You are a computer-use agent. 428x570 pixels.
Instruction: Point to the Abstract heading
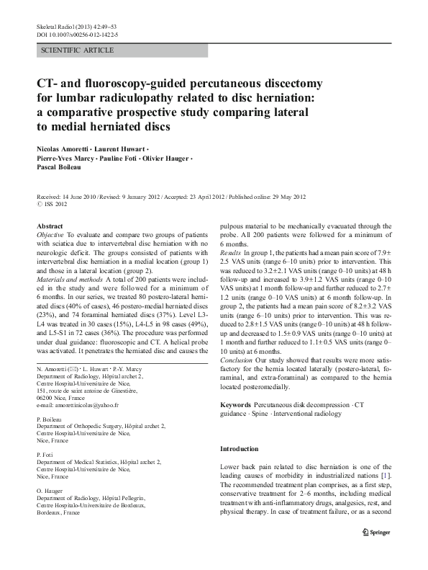pos(50,226)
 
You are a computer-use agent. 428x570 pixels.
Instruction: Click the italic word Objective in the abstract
pos(50,235)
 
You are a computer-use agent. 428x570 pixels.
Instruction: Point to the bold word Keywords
pos(237,406)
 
